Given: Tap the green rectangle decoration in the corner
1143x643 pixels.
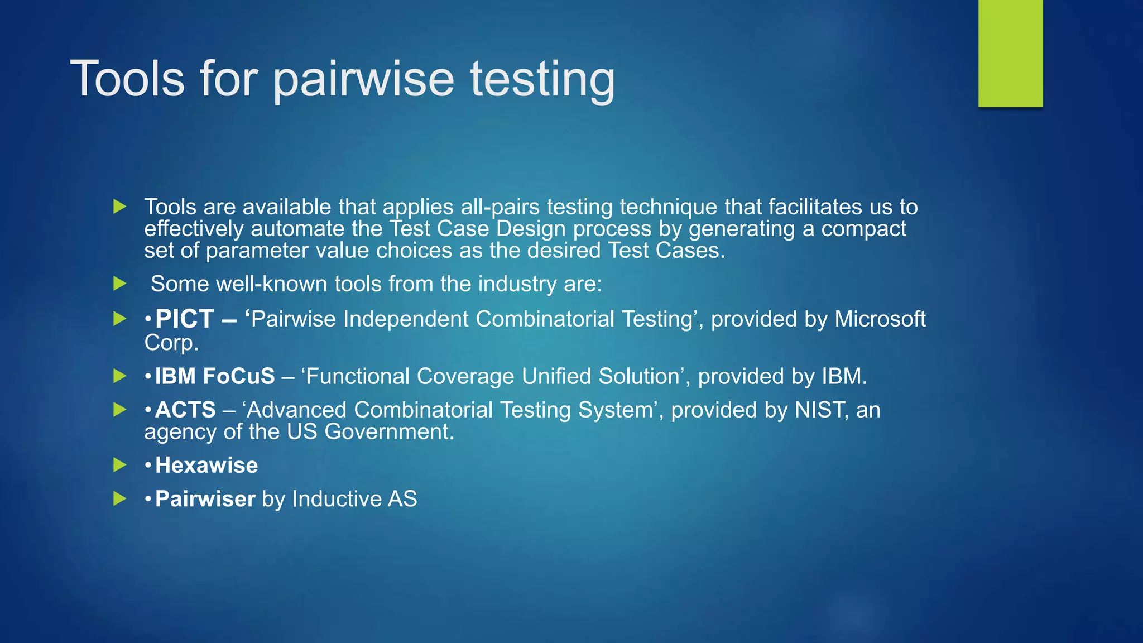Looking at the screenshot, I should tap(1010, 53).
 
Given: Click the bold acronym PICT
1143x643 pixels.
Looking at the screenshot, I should tap(185, 319).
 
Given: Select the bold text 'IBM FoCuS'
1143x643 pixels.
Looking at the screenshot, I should tap(215, 376).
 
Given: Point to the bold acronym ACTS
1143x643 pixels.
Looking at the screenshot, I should tap(185, 410).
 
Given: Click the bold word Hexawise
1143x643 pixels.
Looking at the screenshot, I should tap(206, 465).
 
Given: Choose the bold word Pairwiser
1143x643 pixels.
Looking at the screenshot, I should tap(205, 498).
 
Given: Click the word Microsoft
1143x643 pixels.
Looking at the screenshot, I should tap(880, 319).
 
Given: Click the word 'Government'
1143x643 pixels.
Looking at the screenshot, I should tap(389, 431).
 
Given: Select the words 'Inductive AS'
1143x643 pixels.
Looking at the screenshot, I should tap(354, 498).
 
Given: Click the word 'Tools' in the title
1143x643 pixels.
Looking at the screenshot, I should tap(127, 79).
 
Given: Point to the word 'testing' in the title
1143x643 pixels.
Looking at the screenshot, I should tap(542, 79).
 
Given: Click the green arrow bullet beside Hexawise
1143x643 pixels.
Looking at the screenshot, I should tap(119, 464).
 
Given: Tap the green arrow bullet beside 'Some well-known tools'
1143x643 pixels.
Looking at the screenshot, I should tap(119, 284).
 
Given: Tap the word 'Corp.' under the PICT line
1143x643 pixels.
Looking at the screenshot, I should tap(171, 342).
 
